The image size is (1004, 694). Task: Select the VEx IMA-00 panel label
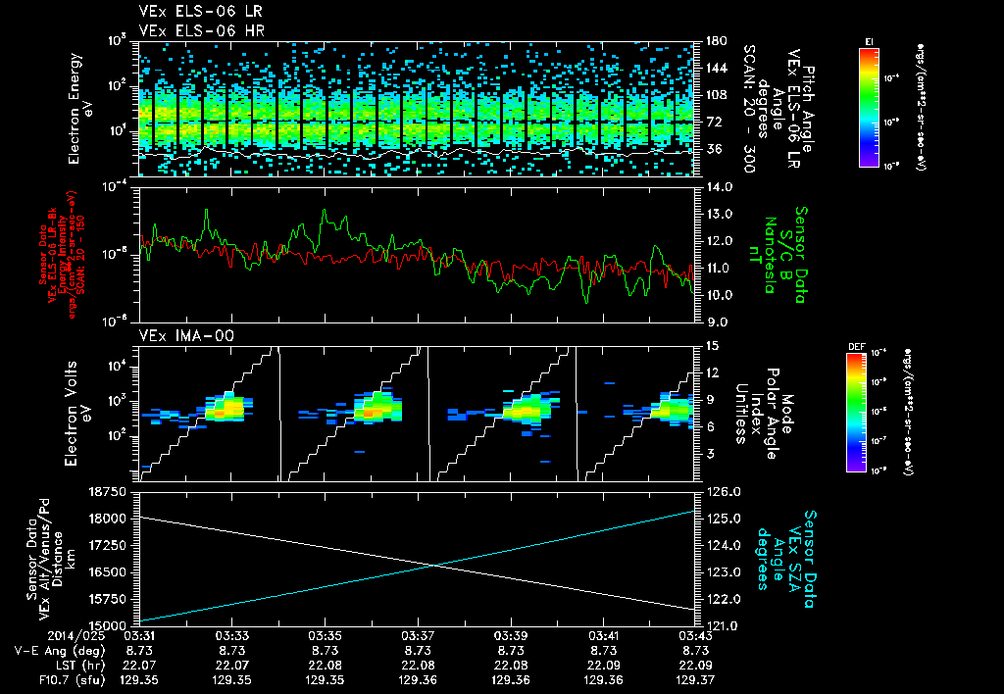click(x=180, y=335)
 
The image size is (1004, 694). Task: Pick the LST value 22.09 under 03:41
click(x=603, y=663)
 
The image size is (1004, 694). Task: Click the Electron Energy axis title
click(x=77, y=108)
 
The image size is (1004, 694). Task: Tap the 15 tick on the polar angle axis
click(x=711, y=346)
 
